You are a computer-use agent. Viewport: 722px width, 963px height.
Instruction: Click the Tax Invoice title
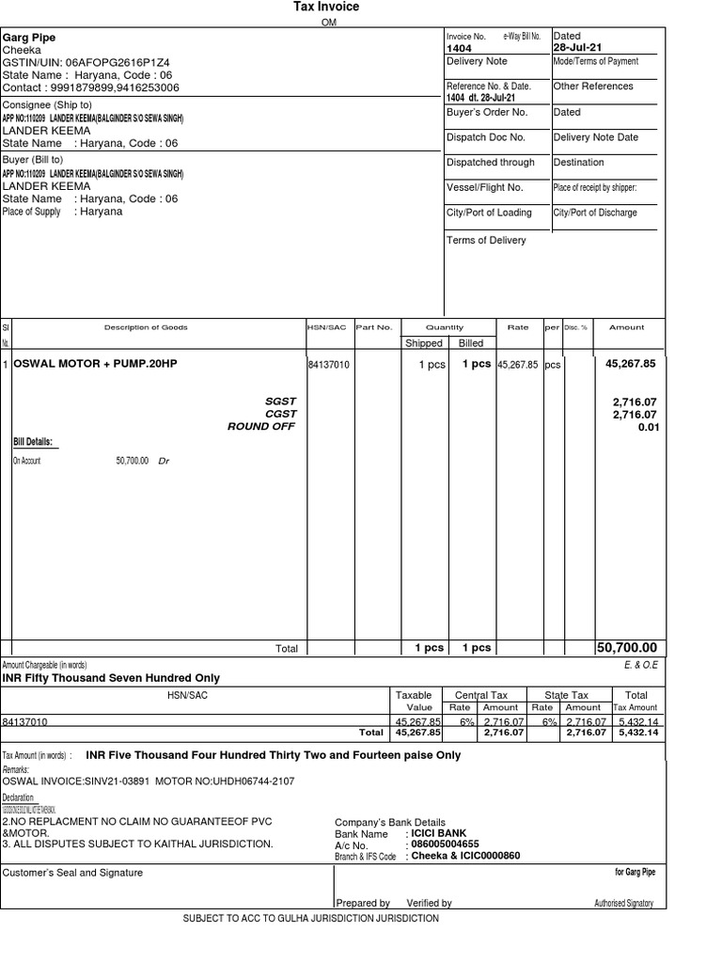coord(326,8)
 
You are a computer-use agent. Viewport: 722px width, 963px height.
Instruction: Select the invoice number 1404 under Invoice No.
coord(459,48)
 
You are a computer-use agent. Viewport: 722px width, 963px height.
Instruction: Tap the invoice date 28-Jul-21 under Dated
coord(578,48)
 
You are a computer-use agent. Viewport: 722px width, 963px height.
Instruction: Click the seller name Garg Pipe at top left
coord(29,38)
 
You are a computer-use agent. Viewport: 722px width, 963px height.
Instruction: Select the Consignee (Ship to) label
coord(47,104)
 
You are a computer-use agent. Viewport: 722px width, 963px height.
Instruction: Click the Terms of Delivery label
coord(486,240)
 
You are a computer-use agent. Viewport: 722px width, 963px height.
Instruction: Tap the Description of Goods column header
coord(146,327)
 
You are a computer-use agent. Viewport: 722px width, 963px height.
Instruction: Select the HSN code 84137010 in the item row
coord(328,365)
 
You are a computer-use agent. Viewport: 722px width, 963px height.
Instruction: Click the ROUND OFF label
coord(261,426)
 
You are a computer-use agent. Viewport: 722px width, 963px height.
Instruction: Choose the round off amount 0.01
coord(647,427)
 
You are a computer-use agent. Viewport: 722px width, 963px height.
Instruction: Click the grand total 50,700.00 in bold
coord(627,647)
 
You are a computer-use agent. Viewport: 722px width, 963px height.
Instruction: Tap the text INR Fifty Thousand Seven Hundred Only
coord(111,677)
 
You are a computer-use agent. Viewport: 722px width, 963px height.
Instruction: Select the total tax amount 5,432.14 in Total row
coord(636,732)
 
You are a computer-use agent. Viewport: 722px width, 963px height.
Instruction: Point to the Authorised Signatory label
coord(624,903)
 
